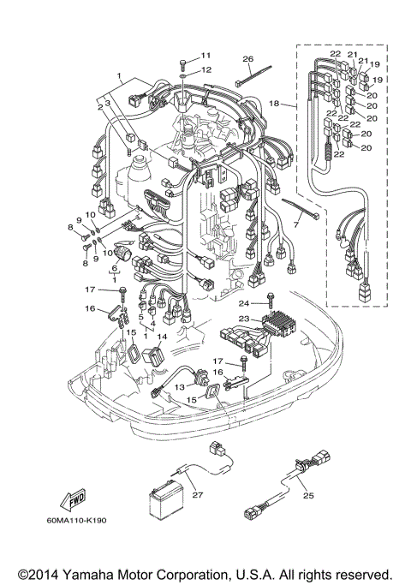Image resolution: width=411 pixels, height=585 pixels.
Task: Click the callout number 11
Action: coord(205,55)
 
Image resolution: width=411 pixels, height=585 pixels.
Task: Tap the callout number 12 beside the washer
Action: coord(205,70)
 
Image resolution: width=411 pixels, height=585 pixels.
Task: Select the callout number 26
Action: coord(247,59)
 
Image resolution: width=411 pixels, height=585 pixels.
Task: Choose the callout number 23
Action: coord(244,319)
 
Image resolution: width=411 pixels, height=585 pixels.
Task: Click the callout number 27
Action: coord(196,494)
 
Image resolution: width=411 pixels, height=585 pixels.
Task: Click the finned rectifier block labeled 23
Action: coord(283,326)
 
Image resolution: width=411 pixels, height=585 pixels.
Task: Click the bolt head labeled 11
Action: coord(184,62)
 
